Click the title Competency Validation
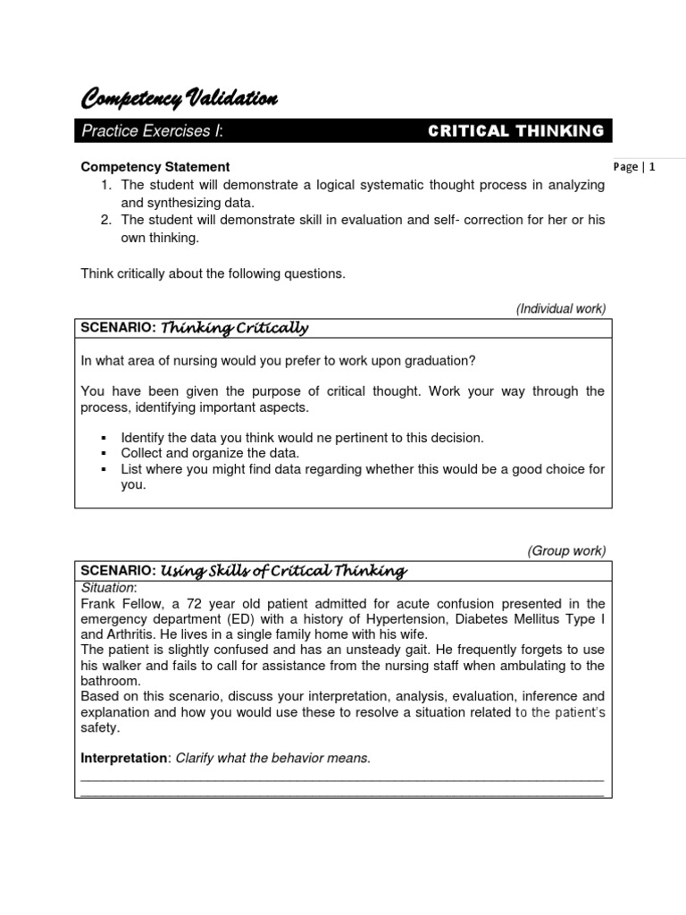tap(179, 98)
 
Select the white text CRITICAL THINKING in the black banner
tap(515, 131)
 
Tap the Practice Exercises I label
tap(152, 131)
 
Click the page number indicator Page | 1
tap(635, 167)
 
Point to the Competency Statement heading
tap(155, 167)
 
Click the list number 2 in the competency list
tap(105, 221)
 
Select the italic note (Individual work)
tap(561, 308)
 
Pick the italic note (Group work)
tap(566, 550)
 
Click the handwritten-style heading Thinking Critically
tap(235, 328)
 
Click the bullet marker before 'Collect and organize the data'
tap(105, 453)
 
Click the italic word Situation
tap(108, 587)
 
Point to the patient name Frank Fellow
tap(119, 603)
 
